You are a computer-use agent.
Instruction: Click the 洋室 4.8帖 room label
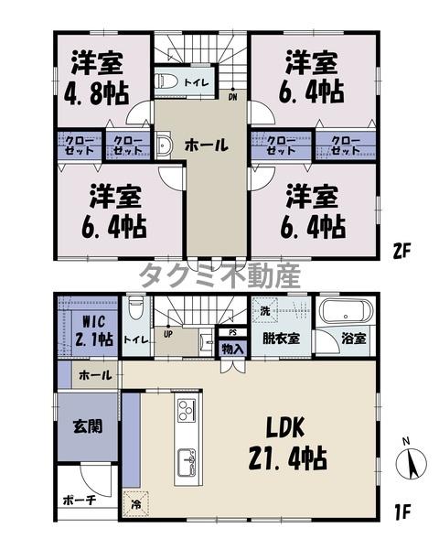(99, 79)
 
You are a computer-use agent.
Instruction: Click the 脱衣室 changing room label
(283, 338)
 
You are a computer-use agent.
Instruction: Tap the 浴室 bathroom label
(354, 338)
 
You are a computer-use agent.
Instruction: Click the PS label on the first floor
(232, 332)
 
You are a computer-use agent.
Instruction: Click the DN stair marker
(233, 94)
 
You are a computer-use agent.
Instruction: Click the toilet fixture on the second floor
(166, 81)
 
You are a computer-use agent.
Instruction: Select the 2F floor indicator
(402, 248)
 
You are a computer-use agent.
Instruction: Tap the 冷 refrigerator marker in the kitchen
(135, 503)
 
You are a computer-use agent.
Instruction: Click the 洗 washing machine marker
(265, 310)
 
